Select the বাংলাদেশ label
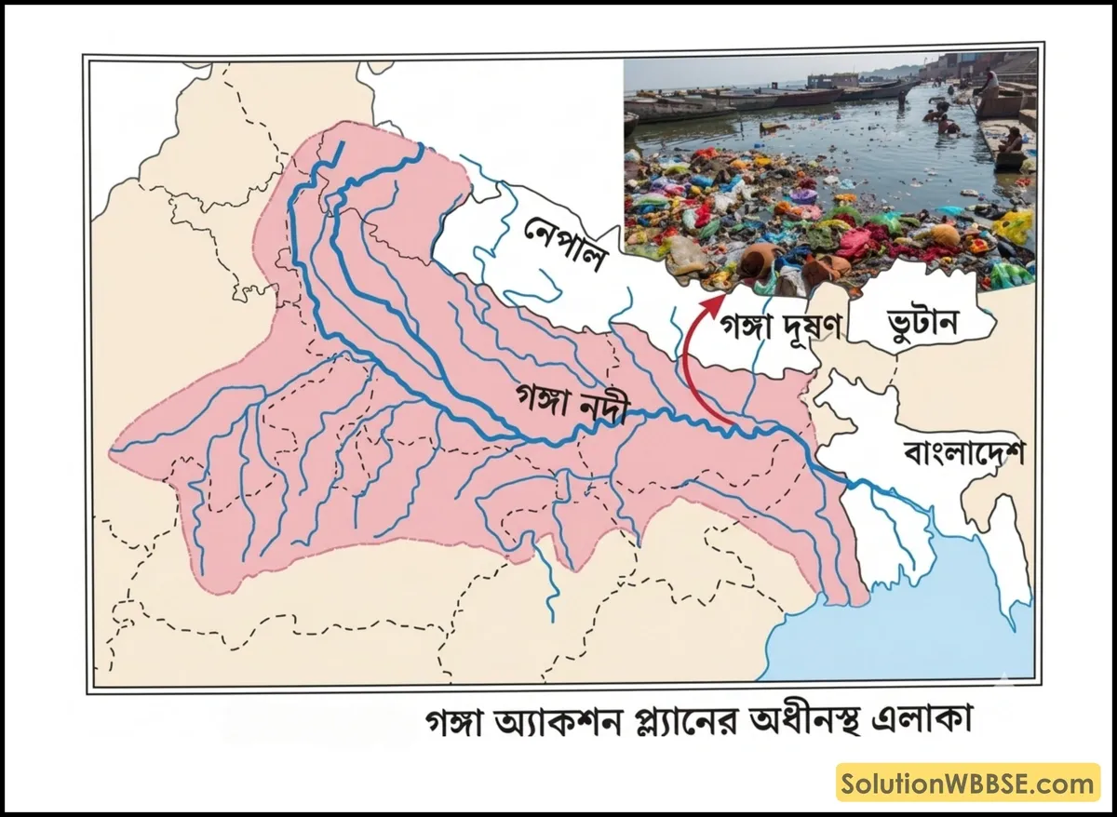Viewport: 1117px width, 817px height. [963, 453]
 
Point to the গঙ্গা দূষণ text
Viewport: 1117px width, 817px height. [779, 327]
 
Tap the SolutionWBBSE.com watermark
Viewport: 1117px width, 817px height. [968, 784]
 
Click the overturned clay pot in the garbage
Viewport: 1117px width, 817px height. [756, 261]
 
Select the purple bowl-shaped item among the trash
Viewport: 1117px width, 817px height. [802, 196]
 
